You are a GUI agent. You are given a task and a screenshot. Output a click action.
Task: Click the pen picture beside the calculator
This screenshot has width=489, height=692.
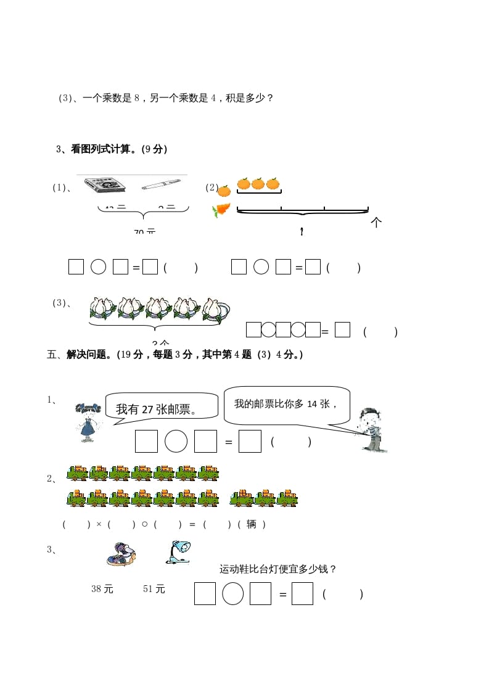click(x=160, y=184)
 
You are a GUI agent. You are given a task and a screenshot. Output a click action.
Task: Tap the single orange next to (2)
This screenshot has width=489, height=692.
click(x=224, y=191)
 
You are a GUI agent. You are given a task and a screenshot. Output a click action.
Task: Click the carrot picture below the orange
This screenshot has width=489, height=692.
click(x=221, y=210)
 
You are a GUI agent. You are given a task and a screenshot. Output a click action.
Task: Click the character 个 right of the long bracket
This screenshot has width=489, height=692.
click(x=376, y=223)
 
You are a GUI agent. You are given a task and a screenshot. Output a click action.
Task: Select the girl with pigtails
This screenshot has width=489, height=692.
click(x=88, y=421)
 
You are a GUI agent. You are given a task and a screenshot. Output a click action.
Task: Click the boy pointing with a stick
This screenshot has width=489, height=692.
click(x=371, y=429)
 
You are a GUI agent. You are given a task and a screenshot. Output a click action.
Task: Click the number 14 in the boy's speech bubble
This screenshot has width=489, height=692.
click(x=313, y=404)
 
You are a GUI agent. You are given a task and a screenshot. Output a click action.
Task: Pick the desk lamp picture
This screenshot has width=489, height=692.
click(x=178, y=552)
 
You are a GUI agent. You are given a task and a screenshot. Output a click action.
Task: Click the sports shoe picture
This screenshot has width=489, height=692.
click(x=120, y=554)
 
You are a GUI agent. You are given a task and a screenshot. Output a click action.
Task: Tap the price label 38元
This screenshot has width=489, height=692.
click(x=102, y=589)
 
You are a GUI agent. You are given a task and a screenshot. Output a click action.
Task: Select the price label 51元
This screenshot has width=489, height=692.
click(x=154, y=589)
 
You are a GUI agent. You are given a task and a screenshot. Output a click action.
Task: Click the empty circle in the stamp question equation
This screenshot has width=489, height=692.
click(x=176, y=441)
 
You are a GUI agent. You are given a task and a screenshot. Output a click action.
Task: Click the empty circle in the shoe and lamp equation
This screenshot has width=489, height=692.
click(x=232, y=594)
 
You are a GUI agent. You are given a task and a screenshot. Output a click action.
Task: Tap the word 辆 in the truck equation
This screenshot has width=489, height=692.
click(x=251, y=524)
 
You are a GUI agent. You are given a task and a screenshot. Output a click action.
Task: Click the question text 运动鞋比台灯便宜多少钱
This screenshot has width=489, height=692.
click(x=278, y=569)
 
